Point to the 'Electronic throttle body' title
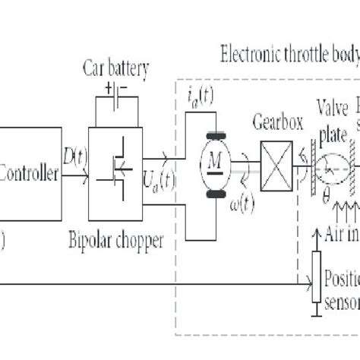289,55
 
